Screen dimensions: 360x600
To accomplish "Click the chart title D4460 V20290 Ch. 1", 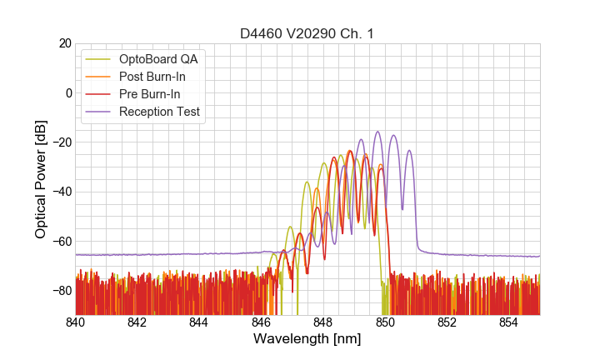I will [307, 33].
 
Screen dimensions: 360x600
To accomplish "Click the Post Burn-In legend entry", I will [152, 77].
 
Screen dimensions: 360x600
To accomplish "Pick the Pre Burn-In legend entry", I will [150, 94].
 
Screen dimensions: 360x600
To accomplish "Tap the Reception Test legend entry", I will [159, 112].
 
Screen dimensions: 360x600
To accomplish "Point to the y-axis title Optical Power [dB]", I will [41, 179].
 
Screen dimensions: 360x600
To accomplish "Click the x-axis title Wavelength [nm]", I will [307, 340].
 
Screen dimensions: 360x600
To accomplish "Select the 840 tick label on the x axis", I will [76, 322].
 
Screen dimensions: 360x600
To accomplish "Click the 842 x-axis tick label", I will [137, 322].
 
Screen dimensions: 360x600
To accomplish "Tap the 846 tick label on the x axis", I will [262, 322].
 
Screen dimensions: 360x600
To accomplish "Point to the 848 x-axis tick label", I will [323, 322].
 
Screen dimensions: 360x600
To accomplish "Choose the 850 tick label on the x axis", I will [385, 322].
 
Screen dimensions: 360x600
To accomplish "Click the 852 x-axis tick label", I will [447, 322].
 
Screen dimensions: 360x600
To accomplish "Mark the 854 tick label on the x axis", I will [509, 322].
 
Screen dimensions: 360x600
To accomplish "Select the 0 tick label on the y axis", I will [68, 92].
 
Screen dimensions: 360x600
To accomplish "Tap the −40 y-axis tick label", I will [61, 192].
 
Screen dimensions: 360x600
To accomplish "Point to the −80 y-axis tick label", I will [61, 291].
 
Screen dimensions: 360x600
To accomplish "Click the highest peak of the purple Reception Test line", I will [377, 131].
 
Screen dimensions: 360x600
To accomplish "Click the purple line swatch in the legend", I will [99, 112].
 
